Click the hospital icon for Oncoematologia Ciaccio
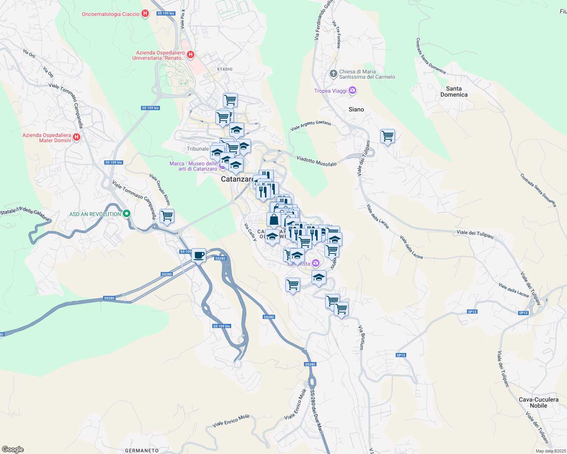(145, 14)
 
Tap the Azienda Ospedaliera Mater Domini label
(47, 138)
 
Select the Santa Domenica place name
(454, 92)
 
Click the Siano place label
(356, 109)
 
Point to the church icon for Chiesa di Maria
(333, 74)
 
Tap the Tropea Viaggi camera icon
(353, 91)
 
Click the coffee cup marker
(199, 255)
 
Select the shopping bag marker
(274, 219)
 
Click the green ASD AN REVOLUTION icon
(127, 214)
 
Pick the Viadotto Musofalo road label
(316, 161)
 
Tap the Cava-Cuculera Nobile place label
(538, 403)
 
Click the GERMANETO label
(142, 450)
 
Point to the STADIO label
(225, 69)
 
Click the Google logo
(13, 449)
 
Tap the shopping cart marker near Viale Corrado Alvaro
(167, 216)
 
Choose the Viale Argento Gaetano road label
(311, 126)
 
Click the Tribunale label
(198, 149)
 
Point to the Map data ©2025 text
(551, 451)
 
